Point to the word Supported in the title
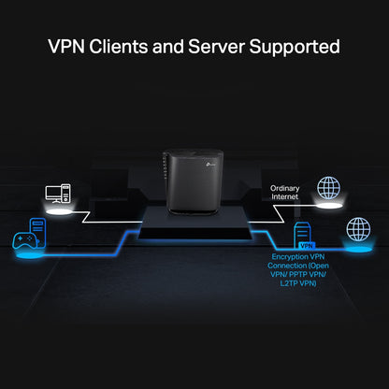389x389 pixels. coord(299,46)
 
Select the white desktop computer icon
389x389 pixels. coord(57,194)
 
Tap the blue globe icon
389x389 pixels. coord(357,230)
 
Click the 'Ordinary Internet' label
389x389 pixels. coord(287,193)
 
